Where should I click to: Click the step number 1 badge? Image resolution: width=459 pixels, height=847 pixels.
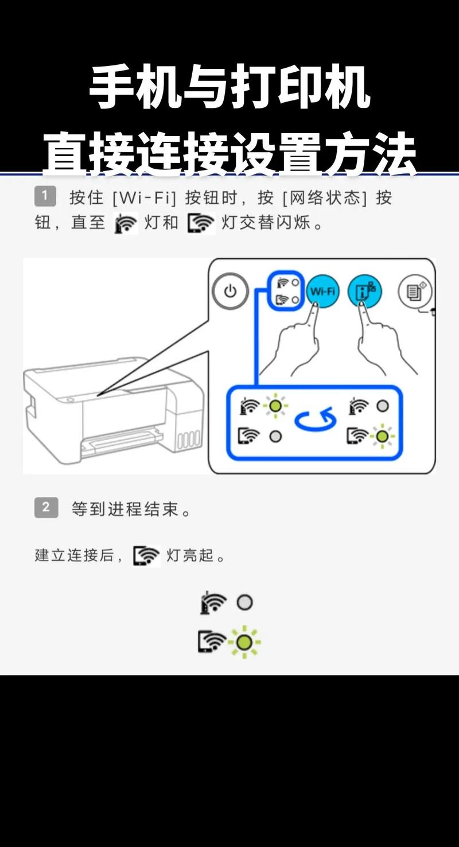click(x=45, y=197)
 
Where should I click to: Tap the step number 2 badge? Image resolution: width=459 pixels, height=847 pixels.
click(x=46, y=508)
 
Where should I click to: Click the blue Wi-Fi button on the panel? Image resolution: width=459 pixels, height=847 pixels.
click(x=322, y=292)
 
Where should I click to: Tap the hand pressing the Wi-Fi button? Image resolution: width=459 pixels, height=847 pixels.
click(x=298, y=344)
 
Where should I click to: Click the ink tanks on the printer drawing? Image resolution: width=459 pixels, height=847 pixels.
click(x=188, y=440)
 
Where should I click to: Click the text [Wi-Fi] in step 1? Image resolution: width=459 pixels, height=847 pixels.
click(x=144, y=198)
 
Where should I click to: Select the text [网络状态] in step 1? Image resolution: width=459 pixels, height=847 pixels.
click(x=324, y=198)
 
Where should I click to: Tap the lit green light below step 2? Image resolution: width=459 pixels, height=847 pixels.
click(x=245, y=642)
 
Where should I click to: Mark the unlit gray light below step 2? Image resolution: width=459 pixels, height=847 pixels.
click(x=245, y=603)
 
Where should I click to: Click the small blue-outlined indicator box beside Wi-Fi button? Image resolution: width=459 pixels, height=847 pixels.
click(x=286, y=292)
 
